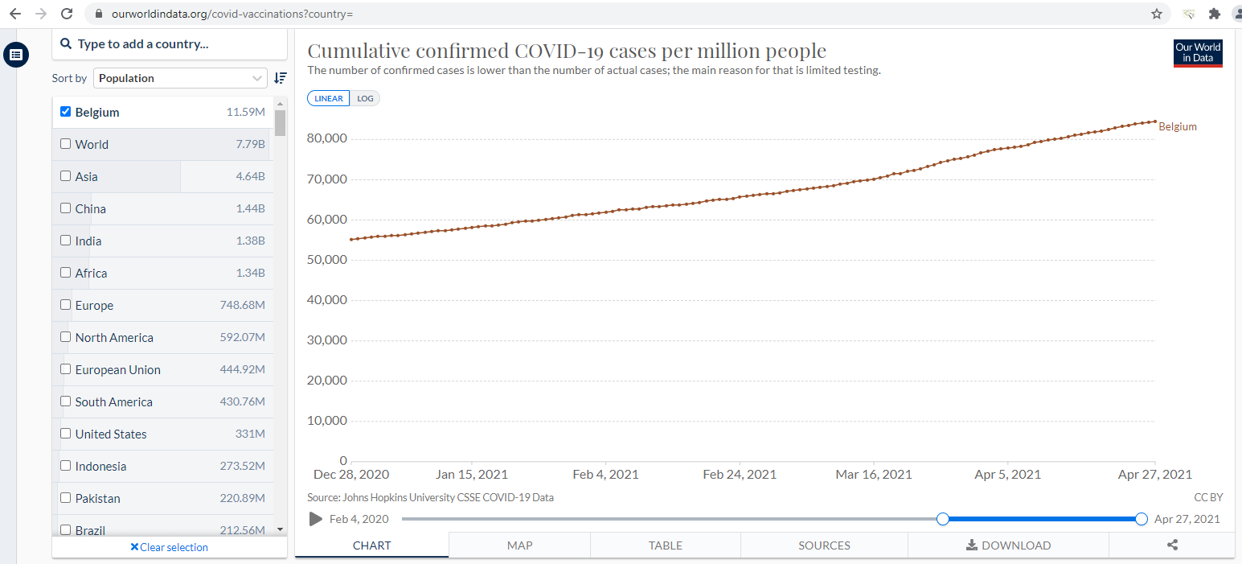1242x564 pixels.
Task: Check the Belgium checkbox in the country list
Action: (x=66, y=112)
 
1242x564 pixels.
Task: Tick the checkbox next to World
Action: (x=66, y=144)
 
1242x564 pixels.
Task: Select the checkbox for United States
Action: (x=66, y=434)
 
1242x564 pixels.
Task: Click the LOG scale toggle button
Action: (x=365, y=98)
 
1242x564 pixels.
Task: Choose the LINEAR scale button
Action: (x=329, y=98)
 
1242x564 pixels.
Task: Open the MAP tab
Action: (x=519, y=545)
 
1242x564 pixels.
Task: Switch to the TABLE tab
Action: (x=665, y=545)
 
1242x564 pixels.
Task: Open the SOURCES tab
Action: (x=824, y=545)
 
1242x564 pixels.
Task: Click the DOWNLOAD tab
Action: (x=1008, y=545)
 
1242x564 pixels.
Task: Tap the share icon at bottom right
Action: (x=1172, y=545)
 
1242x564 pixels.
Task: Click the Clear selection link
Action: (x=169, y=547)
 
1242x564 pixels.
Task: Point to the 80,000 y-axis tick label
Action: (x=326, y=138)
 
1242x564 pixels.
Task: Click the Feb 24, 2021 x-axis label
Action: (x=740, y=475)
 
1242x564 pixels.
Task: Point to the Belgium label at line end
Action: (x=1178, y=126)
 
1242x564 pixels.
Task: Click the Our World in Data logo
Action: (x=1198, y=53)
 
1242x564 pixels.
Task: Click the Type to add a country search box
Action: (x=169, y=44)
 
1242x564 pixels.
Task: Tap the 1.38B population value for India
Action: (x=250, y=241)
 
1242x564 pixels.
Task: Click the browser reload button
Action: (x=67, y=14)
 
